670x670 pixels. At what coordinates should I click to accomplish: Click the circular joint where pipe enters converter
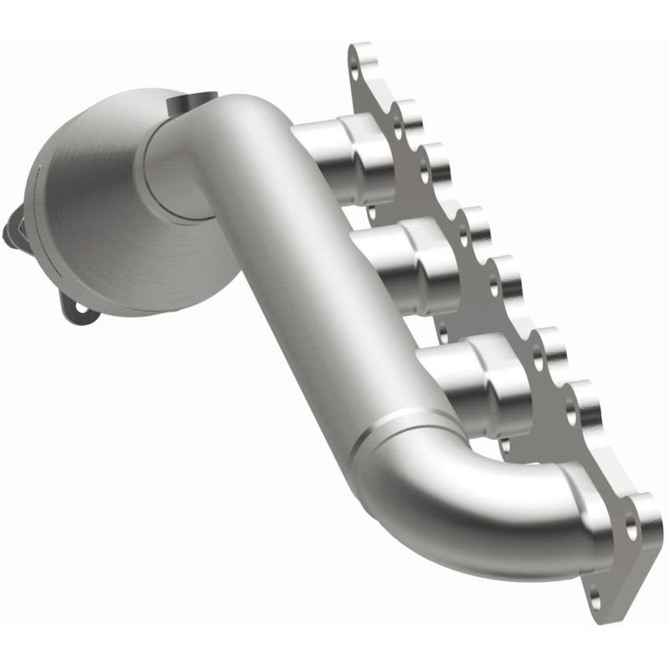pos(172,167)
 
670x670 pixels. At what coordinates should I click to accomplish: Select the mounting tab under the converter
pos(80,306)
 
